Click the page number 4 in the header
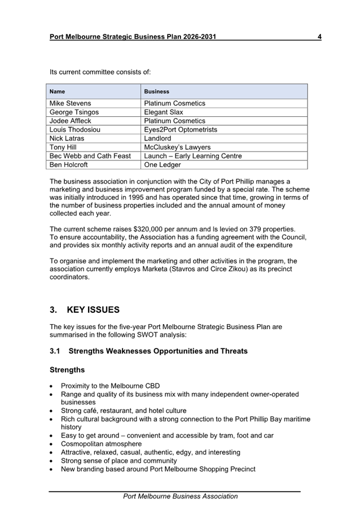click(319, 37)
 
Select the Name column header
click(58, 91)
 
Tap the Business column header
click(157, 91)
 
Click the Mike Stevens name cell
click(70, 103)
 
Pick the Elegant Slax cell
click(164, 112)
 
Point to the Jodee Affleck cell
click(71, 121)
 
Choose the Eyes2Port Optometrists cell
click(181, 130)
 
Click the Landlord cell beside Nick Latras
click(157, 138)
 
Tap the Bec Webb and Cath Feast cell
click(90, 156)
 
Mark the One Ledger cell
click(163, 165)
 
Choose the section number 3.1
click(55, 351)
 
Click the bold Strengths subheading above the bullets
click(67, 370)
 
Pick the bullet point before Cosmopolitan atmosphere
click(52, 444)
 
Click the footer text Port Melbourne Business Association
click(181, 496)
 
